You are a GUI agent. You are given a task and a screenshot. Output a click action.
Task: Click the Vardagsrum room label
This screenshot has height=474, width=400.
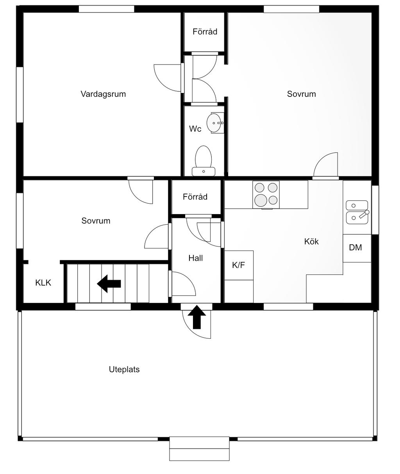click(103, 94)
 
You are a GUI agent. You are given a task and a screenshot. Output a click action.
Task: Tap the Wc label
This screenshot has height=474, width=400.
click(195, 129)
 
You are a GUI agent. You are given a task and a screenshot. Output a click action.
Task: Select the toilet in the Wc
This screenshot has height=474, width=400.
click(204, 161)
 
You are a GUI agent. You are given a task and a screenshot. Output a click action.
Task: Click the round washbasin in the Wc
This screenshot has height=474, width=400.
click(214, 123)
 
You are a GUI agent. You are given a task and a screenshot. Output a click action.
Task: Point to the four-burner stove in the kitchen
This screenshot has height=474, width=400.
click(266, 194)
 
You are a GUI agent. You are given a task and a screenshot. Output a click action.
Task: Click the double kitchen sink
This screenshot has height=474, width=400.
click(357, 212)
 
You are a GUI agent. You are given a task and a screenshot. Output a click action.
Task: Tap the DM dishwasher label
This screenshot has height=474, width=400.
click(355, 247)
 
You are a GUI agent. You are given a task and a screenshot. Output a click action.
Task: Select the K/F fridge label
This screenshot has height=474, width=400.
click(238, 265)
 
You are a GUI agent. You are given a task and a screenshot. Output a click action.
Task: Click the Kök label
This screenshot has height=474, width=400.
click(311, 241)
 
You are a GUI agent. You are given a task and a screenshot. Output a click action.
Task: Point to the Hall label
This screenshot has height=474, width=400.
click(196, 258)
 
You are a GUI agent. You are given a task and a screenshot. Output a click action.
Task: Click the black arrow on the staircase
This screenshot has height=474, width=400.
click(109, 284)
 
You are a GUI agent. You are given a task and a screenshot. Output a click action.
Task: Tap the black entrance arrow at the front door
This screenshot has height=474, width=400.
click(197, 317)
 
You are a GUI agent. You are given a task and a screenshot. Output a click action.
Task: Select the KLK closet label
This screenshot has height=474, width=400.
click(43, 283)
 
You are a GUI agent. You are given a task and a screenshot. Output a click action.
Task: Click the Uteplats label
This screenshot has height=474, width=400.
click(124, 369)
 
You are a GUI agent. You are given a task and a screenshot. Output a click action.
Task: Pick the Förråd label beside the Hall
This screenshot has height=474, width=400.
click(195, 197)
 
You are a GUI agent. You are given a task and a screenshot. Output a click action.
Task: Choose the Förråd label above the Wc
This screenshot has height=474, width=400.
click(205, 32)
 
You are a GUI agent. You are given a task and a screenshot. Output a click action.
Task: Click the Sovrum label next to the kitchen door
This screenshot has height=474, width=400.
click(301, 94)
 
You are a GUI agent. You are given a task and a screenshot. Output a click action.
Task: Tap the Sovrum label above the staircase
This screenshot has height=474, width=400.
click(96, 221)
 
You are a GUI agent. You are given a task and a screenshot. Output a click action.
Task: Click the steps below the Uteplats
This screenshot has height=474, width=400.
click(200, 449)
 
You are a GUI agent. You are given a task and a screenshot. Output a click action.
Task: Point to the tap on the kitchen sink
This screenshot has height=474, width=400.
click(364, 214)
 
